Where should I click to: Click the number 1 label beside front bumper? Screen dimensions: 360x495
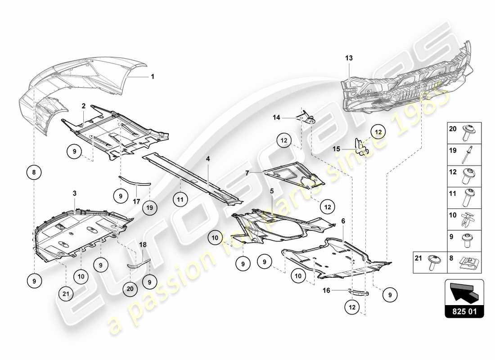point(153,76)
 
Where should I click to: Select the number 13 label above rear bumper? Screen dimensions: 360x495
point(349,58)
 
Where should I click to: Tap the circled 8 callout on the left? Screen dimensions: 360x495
point(34,171)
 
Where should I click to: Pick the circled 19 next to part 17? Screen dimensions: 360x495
point(150,207)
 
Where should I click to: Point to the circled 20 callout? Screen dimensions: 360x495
point(130,290)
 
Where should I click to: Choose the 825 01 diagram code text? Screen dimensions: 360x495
point(464,310)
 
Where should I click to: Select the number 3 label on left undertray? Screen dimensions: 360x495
point(75,193)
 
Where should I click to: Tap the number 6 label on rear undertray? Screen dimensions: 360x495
point(343,221)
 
